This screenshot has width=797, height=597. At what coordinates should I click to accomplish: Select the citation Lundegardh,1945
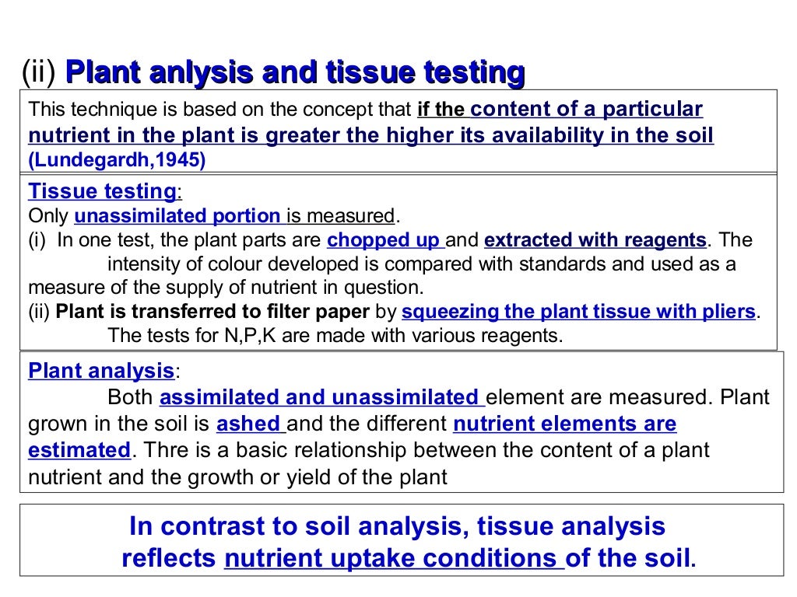click(x=117, y=161)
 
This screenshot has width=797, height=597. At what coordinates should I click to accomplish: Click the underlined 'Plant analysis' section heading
click(x=101, y=370)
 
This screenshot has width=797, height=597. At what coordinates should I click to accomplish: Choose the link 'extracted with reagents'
click(x=595, y=239)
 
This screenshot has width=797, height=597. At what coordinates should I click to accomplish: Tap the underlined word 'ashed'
click(x=248, y=424)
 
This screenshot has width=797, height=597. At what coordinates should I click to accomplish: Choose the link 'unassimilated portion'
click(x=177, y=215)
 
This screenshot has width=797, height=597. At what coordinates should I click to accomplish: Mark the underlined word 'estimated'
click(x=79, y=450)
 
